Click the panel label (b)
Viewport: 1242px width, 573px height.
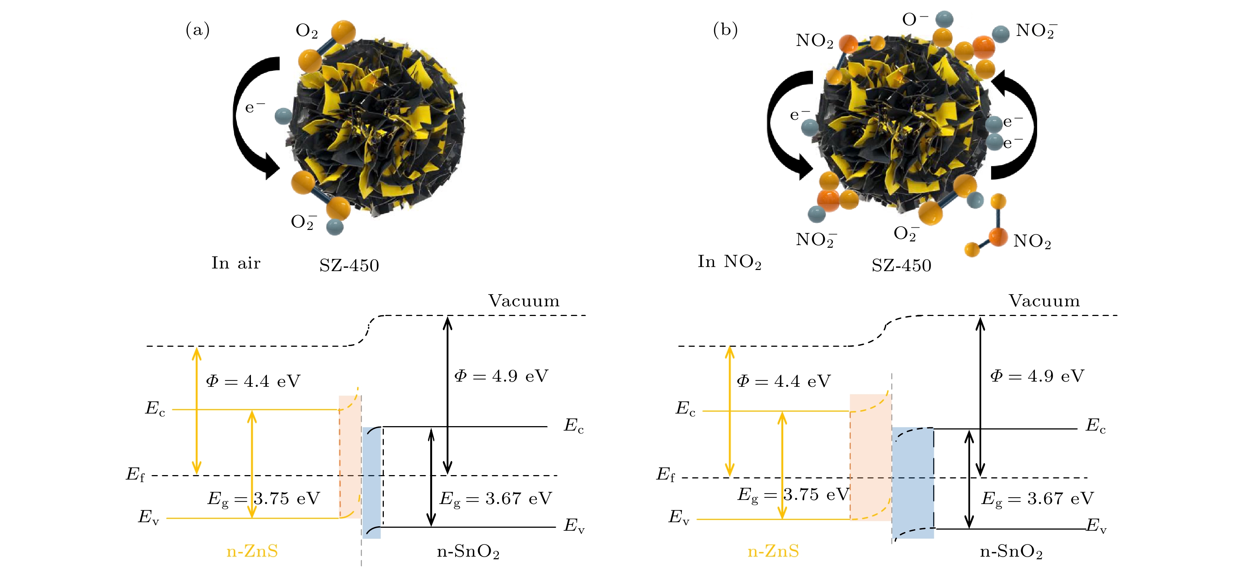point(725,30)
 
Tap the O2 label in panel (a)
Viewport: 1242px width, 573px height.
point(306,31)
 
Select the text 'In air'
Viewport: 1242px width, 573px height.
point(236,263)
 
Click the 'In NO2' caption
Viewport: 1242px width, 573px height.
point(729,262)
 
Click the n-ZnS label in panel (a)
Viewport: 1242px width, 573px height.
point(252,551)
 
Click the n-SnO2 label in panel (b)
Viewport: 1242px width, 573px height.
point(1011,551)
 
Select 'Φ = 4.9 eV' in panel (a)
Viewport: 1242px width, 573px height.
point(501,376)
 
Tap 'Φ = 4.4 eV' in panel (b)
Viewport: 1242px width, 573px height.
point(784,381)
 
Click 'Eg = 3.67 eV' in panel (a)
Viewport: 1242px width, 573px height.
point(496,499)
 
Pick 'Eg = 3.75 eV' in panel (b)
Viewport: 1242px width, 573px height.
point(793,495)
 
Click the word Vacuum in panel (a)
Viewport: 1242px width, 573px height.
point(524,301)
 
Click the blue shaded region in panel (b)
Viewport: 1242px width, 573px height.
point(913,482)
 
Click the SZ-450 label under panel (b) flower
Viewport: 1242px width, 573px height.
point(901,266)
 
